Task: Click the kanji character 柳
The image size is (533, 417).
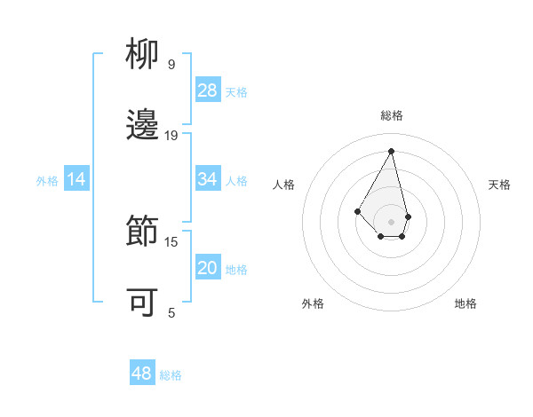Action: [143, 56]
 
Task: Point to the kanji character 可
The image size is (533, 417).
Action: [143, 302]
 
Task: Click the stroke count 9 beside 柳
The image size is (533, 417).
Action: [171, 64]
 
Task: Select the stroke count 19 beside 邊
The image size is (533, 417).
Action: [171, 135]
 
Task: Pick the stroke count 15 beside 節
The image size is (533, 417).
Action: [171, 241]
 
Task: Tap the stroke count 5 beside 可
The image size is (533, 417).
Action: [171, 312]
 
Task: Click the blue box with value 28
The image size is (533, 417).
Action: [208, 90]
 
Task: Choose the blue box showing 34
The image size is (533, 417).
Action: [208, 179]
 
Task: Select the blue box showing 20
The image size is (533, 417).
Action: [208, 268]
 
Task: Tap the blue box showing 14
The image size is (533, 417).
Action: [76, 179]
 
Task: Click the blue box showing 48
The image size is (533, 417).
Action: [142, 374]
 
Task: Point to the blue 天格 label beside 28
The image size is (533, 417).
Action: [236, 92]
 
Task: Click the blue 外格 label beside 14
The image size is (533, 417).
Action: [47, 181]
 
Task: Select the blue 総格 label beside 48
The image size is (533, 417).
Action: [171, 375]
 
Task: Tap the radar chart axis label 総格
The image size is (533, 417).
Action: [391, 115]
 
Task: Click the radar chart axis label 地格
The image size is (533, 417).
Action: [465, 303]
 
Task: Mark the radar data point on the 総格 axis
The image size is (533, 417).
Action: [391, 150]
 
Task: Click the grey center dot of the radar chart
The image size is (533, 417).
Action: [391, 221]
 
